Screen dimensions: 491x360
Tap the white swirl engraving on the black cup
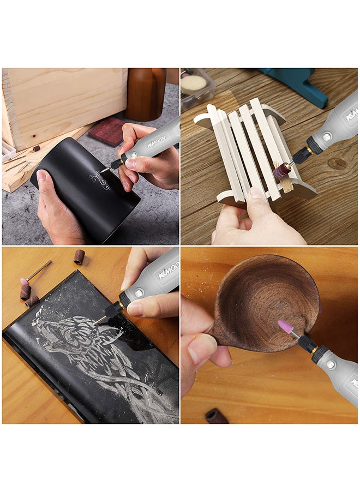coord(100,179)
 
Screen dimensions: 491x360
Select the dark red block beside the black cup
coord(107,131)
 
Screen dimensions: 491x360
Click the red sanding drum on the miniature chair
coord(282,171)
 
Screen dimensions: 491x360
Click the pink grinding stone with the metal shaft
coord(25,282)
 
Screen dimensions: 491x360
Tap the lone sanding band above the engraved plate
coord(80,256)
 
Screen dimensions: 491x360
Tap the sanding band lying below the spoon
coord(217,416)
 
